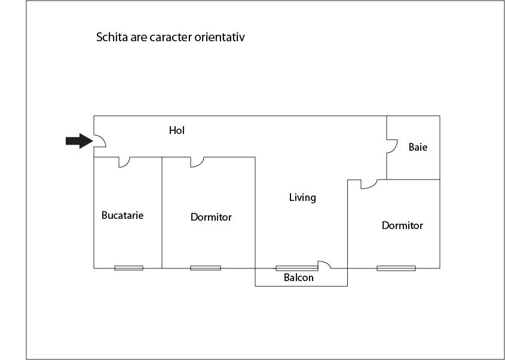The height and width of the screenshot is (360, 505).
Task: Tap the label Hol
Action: click(x=176, y=130)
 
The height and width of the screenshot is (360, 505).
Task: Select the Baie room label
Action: click(x=418, y=147)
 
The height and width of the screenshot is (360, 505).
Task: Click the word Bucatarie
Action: click(x=123, y=215)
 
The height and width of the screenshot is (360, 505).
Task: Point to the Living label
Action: click(x=302, y=197)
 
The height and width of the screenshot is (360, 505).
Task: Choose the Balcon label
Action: click(x=298, y=277)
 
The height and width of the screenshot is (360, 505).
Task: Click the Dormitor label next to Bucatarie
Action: click(x=211, y=217)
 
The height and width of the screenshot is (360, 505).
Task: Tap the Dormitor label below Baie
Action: click(x=402, y=225)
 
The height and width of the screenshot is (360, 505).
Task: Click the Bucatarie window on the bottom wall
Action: click(x=128, y=268)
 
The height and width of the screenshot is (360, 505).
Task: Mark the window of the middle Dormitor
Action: click(x=205, y=268)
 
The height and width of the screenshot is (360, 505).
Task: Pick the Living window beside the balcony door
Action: click(x=296, y=268)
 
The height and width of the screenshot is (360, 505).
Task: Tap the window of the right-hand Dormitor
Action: click(x=396, y=268)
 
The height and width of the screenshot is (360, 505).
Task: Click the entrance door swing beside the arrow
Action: click(x=100, y=141)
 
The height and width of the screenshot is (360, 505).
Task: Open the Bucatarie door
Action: click(x=125, y=162)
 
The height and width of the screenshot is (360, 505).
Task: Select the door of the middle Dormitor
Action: click(x=197, y=162)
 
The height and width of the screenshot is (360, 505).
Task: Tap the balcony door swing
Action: click(x=324, y=264)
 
